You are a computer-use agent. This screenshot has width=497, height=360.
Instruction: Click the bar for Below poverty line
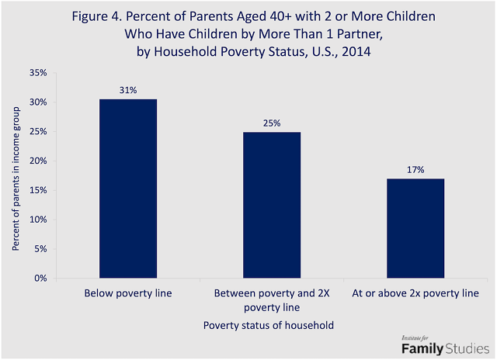[x=127, y=189]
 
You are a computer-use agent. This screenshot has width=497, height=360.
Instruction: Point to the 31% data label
[x=128, y=90]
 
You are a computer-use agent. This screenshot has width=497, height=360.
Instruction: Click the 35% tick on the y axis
[x=38, y=73]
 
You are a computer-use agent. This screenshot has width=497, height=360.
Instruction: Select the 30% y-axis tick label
[x=38, y=102]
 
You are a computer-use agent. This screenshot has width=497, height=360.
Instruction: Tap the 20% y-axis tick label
[x=38, y=161]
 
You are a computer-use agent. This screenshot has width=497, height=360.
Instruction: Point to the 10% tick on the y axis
[x=38, y=220]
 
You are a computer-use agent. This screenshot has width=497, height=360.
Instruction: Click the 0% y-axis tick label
[x=40, y=278]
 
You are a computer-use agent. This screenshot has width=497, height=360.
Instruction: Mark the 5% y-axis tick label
[x=40, y=249]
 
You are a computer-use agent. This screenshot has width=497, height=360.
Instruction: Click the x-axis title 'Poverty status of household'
[x=268, y=326]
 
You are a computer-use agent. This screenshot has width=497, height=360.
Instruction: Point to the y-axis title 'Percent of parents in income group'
[x=16, y=175]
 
